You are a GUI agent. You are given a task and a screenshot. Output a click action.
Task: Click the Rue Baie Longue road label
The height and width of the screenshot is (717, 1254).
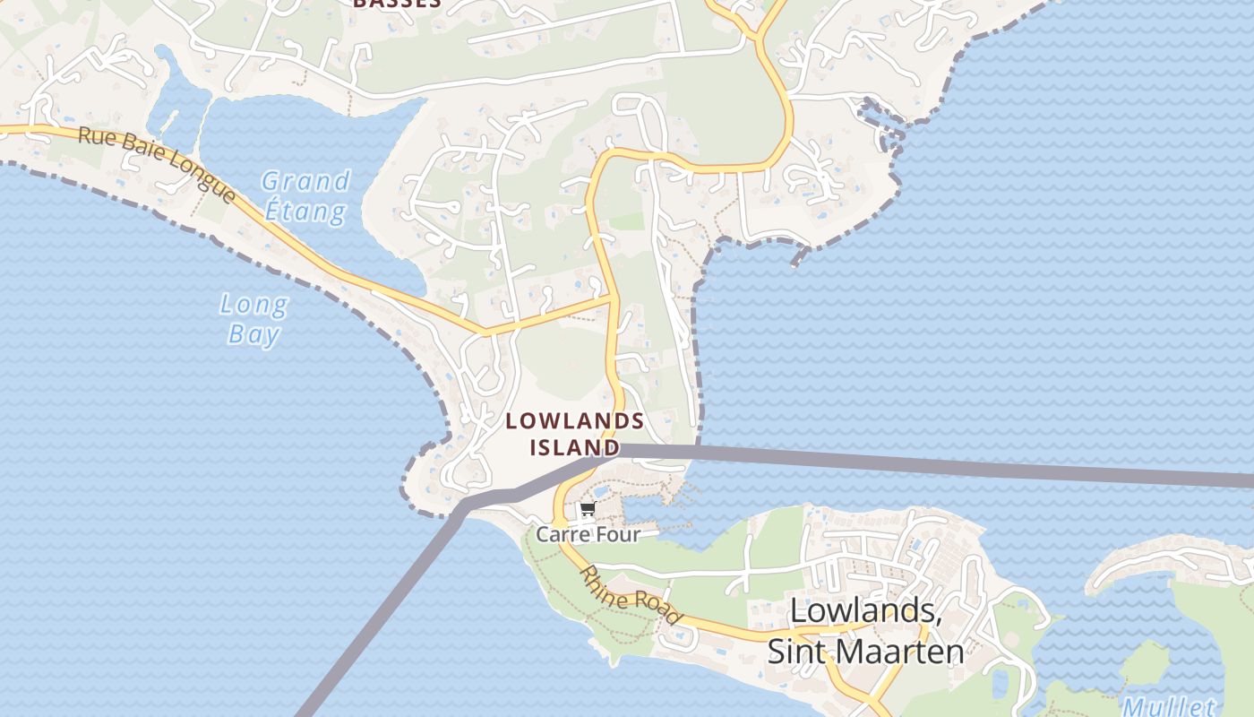tap(156, 165)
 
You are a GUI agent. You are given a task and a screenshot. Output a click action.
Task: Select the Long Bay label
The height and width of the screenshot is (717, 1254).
tap(253, 320)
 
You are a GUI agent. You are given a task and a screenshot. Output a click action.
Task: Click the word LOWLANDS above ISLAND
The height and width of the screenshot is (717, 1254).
tap(574, 420)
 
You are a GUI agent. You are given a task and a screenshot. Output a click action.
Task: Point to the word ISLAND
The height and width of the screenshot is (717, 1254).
tap(574, 446)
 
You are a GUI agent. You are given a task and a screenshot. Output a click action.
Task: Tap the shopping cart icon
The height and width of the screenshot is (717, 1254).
tap(588, 511)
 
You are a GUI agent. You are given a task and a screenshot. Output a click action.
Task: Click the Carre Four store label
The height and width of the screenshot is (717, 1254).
tap(588, 534)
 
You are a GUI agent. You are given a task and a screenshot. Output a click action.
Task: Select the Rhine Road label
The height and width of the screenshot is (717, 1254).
tap(631, 594)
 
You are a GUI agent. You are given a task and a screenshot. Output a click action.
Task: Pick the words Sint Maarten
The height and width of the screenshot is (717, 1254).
tap(865, 652)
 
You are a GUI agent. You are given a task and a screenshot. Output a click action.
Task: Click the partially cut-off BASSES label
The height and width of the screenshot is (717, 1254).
tap(397, 4)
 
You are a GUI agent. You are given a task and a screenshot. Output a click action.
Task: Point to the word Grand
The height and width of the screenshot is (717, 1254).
tap(305, 182)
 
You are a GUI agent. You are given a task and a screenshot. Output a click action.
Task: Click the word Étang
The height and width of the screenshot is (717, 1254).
tap(305, 212)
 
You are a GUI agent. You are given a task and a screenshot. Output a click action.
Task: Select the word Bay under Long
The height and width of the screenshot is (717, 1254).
tap(253, 335)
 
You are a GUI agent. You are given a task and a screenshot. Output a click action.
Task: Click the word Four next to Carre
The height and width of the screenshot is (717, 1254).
tap(618, 534)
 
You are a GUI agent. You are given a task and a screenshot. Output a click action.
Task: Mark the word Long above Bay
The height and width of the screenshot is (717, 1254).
tap(253, 306)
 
